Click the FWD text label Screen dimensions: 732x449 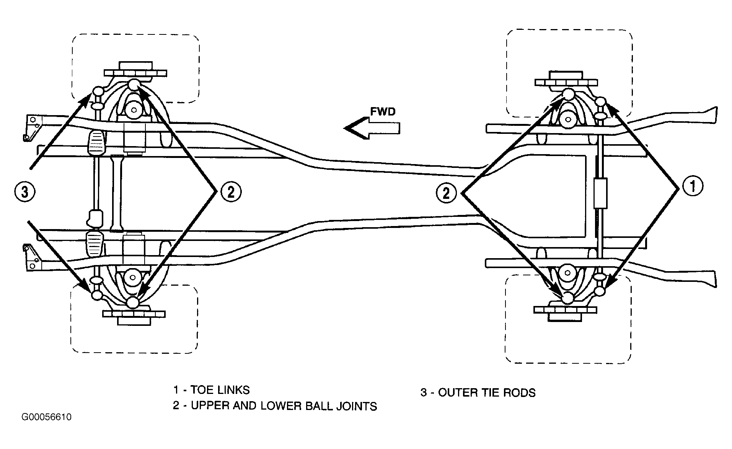point(383,111)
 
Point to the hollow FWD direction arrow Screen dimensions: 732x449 point(372,129)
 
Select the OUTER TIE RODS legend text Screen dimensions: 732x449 point(487,392)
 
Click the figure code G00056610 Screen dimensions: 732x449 point(47,417)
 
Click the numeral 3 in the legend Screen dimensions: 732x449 point(424,392)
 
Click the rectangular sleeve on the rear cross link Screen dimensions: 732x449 point(600,193)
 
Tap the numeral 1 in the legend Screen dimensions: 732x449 point(176,390)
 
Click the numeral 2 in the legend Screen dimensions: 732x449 point(176,405)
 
